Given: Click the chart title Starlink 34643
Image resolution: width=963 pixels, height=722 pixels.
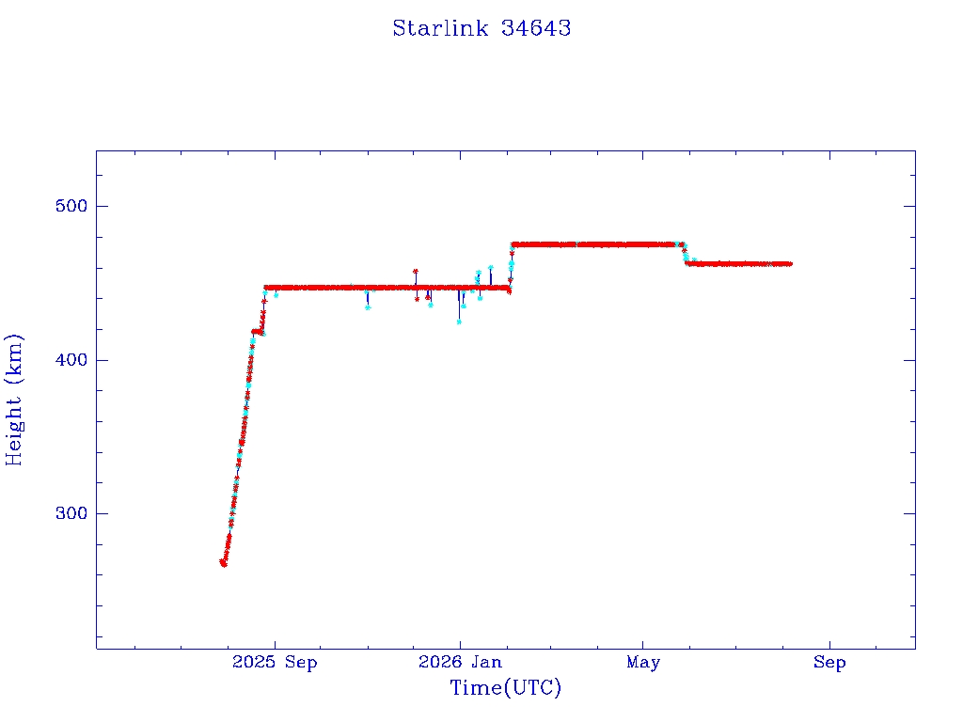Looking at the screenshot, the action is (x=481, y=28).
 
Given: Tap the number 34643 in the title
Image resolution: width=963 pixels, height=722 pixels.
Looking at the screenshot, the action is (x=536, y=28).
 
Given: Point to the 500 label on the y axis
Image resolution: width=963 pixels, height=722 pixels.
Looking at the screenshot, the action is (x=71, y=206).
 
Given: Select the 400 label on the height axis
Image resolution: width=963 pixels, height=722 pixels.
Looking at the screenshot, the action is (x=71, y=360).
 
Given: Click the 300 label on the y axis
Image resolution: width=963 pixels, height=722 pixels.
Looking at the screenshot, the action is (x=71, y=513).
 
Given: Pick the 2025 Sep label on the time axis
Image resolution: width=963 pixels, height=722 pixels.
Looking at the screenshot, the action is (x=275, y=663).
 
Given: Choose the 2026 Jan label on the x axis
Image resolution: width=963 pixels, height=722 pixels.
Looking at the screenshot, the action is (x=460, y=662).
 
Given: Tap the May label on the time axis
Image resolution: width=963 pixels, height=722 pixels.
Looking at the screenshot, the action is (x=643, y=663).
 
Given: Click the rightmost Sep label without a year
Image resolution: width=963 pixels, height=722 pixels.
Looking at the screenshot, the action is (x=829, y=663).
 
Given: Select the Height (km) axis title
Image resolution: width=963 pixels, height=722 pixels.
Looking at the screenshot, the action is (x=13, y=400).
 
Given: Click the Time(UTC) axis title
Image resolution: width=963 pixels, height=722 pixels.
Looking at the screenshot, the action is (x=505, y=688).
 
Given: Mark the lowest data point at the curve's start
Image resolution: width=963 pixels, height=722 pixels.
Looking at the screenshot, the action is (x=224, y=564).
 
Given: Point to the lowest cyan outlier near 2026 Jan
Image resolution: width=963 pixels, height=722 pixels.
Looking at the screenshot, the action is (x=459, y=322).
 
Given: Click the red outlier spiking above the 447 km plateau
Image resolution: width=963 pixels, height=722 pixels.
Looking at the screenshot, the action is (x=415, y=271).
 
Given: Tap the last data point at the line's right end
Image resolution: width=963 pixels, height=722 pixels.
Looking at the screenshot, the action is (x=790, y=264).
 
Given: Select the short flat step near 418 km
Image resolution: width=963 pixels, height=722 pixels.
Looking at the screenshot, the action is (x=258, y=332).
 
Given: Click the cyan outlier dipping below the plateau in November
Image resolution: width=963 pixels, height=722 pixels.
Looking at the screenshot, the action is (x=368, y=307).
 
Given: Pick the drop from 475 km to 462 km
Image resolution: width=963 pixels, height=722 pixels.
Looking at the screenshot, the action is (x=685, y=254).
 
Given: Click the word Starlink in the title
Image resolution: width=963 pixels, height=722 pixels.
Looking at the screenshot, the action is (x=440, y=28).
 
